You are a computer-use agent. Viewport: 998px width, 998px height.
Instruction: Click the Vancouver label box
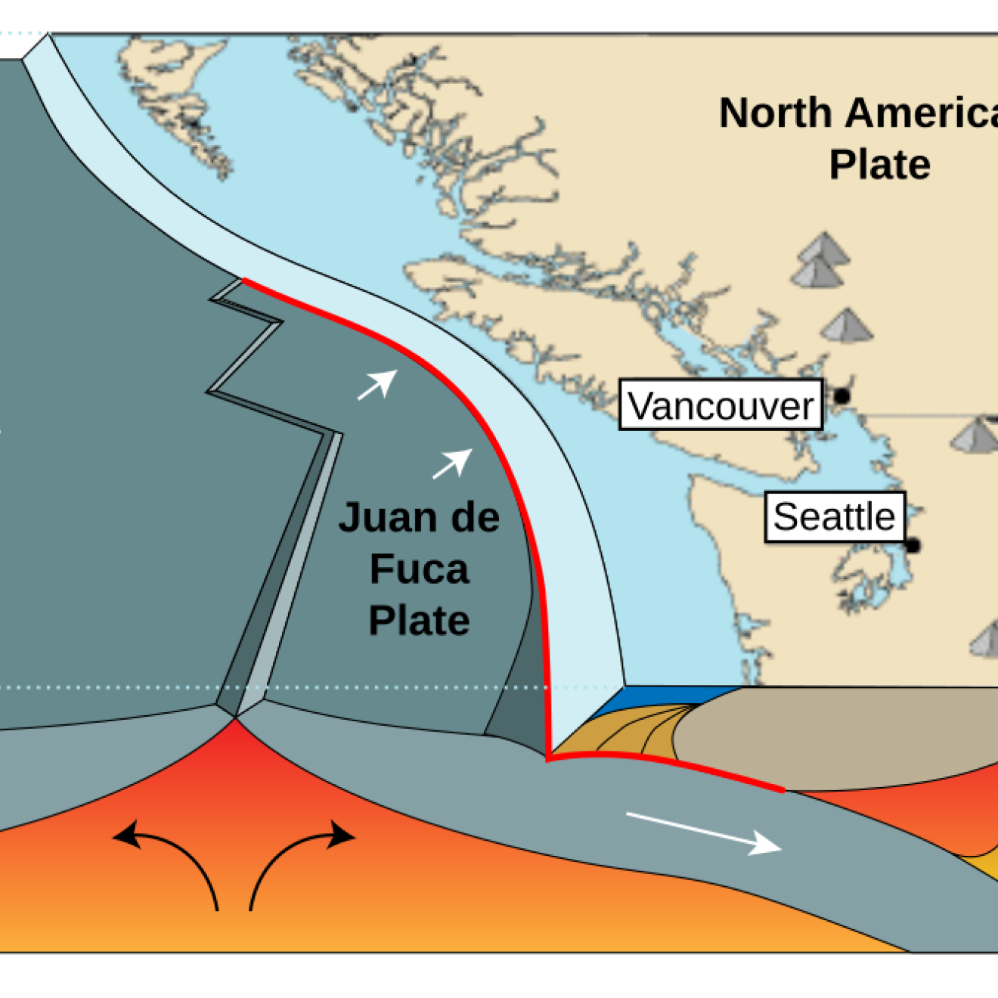pos(721,405)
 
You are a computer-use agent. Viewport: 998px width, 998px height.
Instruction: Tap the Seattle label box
pos(834,517)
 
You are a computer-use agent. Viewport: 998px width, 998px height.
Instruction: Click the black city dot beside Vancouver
pos(841,395)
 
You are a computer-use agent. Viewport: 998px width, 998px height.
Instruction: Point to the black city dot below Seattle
pos(913,545)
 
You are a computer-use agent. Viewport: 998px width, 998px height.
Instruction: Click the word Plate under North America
pos(879,165)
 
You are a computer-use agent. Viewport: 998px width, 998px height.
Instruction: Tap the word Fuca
pos(419,569)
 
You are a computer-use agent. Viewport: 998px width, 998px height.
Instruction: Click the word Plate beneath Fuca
pos(419,621)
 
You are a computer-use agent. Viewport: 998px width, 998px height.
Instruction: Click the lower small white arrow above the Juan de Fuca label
pos(453,463)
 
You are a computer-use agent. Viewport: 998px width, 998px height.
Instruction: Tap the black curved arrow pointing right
pos(302,854)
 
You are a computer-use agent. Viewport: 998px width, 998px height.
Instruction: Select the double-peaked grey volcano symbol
pos(820,260)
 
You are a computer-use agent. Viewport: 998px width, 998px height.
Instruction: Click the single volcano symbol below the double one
pos(848,326)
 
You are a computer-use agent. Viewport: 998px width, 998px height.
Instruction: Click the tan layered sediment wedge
pos(628,733)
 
